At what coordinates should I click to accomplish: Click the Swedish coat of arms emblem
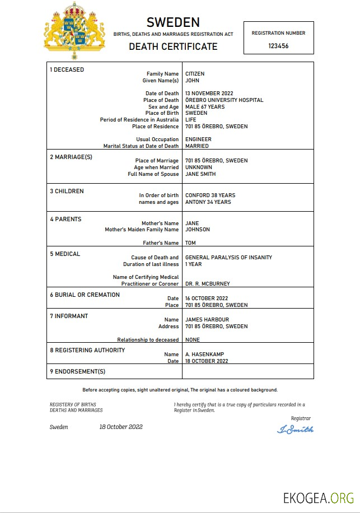(x=74, y=31)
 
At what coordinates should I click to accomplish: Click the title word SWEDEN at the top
(x=173, y=22)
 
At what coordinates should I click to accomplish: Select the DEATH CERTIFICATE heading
(x=173, y=46)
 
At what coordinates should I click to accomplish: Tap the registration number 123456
(x=278, y=46)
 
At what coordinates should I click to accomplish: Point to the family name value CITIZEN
(x=195, y=74)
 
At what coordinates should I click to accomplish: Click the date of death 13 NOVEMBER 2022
(x=209, y=94)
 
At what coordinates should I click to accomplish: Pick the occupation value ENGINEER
(x=198, y=139)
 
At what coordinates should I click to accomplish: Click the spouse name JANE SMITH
(x=200, y=174)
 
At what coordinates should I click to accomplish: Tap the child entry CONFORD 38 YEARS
(x=210, y=195)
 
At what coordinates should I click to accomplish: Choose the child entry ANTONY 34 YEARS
(x=208, y=202)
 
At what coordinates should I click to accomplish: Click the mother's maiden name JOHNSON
(x=198, y=230)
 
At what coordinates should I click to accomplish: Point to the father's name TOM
(x=190, y=243)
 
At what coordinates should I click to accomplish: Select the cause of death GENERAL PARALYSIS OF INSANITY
(x=228, y=258)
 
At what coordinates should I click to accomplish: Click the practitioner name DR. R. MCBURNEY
(x=207, y=284)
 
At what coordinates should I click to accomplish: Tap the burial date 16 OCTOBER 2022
(x=207, y=299)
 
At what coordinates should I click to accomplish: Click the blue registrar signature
(x=295, y=430)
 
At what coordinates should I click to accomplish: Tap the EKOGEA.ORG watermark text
(x=318, y=497)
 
